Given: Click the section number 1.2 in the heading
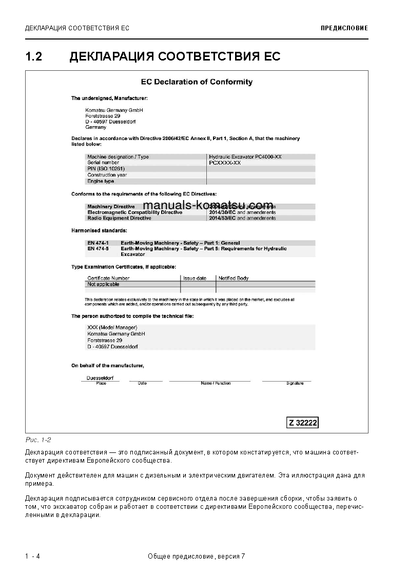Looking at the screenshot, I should (34, 56).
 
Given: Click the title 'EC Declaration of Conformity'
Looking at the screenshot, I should (197, 82).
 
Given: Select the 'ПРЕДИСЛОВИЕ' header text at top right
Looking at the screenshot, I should (344, 28).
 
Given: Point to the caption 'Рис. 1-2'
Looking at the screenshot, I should (38, 440).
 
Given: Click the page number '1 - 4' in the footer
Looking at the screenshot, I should (32, 557).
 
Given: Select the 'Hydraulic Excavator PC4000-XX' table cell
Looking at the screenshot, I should (245, 156).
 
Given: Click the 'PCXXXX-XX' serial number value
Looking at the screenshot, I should (225, 163).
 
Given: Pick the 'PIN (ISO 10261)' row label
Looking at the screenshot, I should (106, 169).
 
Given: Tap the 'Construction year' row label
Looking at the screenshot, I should (107, 175).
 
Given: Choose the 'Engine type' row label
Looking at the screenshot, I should (101, 181).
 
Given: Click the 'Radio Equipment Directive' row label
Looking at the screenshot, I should (119, 218).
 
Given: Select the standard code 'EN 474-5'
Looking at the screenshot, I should (98, 248).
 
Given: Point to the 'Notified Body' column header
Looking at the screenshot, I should (234, 278).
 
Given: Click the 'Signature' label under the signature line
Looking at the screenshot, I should (295, 383).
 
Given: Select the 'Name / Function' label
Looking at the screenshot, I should (216, 383).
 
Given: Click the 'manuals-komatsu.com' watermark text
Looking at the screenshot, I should (208, 206).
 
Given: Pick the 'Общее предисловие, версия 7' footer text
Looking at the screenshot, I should (196, 557).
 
